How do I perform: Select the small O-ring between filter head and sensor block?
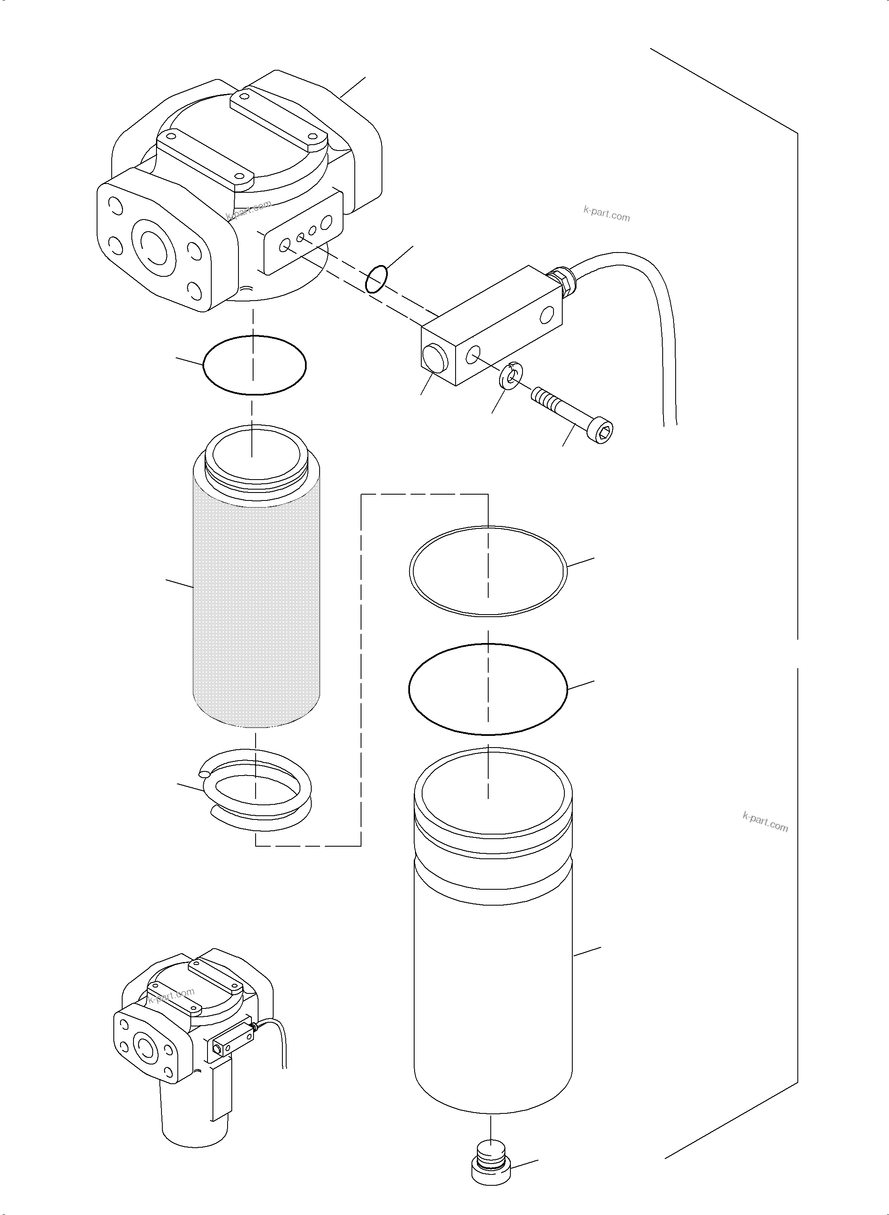tap(377, 278)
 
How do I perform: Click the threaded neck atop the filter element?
tap(257, 464)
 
